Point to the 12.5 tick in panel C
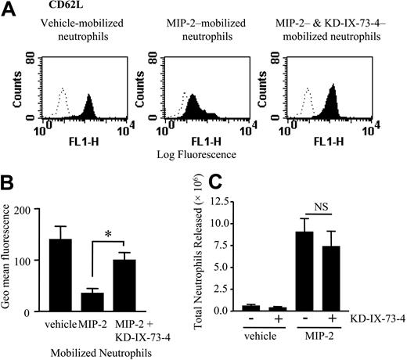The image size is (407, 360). [x=252, y=201]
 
